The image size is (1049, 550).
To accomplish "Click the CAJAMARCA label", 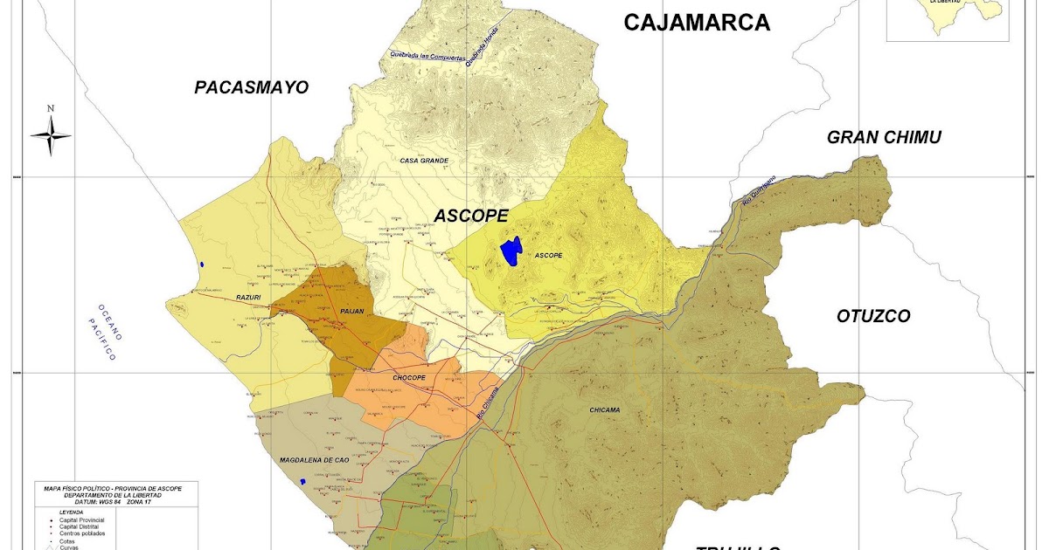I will pyautogui.click(x=696, y=23).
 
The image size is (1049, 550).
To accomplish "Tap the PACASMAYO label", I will pyautogui.click(x=252, y=87).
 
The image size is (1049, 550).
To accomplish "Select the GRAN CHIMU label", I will pyautogui.click(x=884, y=137).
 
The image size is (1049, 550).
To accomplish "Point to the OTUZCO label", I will pyautogui.click(x=873, y=316).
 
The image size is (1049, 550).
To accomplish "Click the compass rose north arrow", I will pyautogui.click(x=51, y=134).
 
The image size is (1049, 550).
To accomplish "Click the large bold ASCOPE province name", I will pyautogui.click(x=471, y=216).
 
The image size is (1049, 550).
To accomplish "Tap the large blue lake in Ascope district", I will pyautogui.click(x=511, y=251).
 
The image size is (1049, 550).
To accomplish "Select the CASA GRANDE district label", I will pyautogui.click(x=424, y=161).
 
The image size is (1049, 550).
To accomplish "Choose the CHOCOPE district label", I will pyautogui.click(x=408, y=378).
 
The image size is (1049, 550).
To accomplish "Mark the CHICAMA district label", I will pyautogui.click(x=604, y=409).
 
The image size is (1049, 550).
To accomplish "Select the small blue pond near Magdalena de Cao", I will pyautogui.click(x=302, y=481).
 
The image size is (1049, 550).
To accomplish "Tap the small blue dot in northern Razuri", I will pyautogui.click(x=202, y=265).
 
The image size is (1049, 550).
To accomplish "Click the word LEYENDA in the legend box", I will pyautogui.click(x=72, y=512).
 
